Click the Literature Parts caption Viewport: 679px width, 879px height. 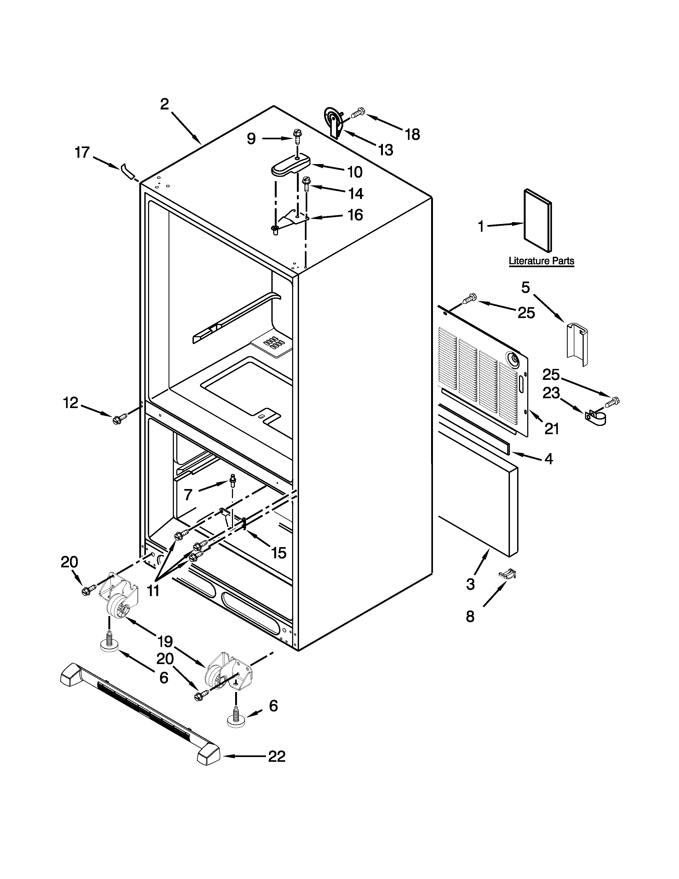pyautogui.click(x=541, y=261)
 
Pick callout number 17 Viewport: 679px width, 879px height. pyautogui.click(x=83, y=153)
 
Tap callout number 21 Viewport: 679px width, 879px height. pyautogui.click(x=551, y=429)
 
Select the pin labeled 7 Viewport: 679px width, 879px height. pyautogui.click(x=232, y=480)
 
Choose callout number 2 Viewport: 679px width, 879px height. pyautogui.click(x=165, y=104)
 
